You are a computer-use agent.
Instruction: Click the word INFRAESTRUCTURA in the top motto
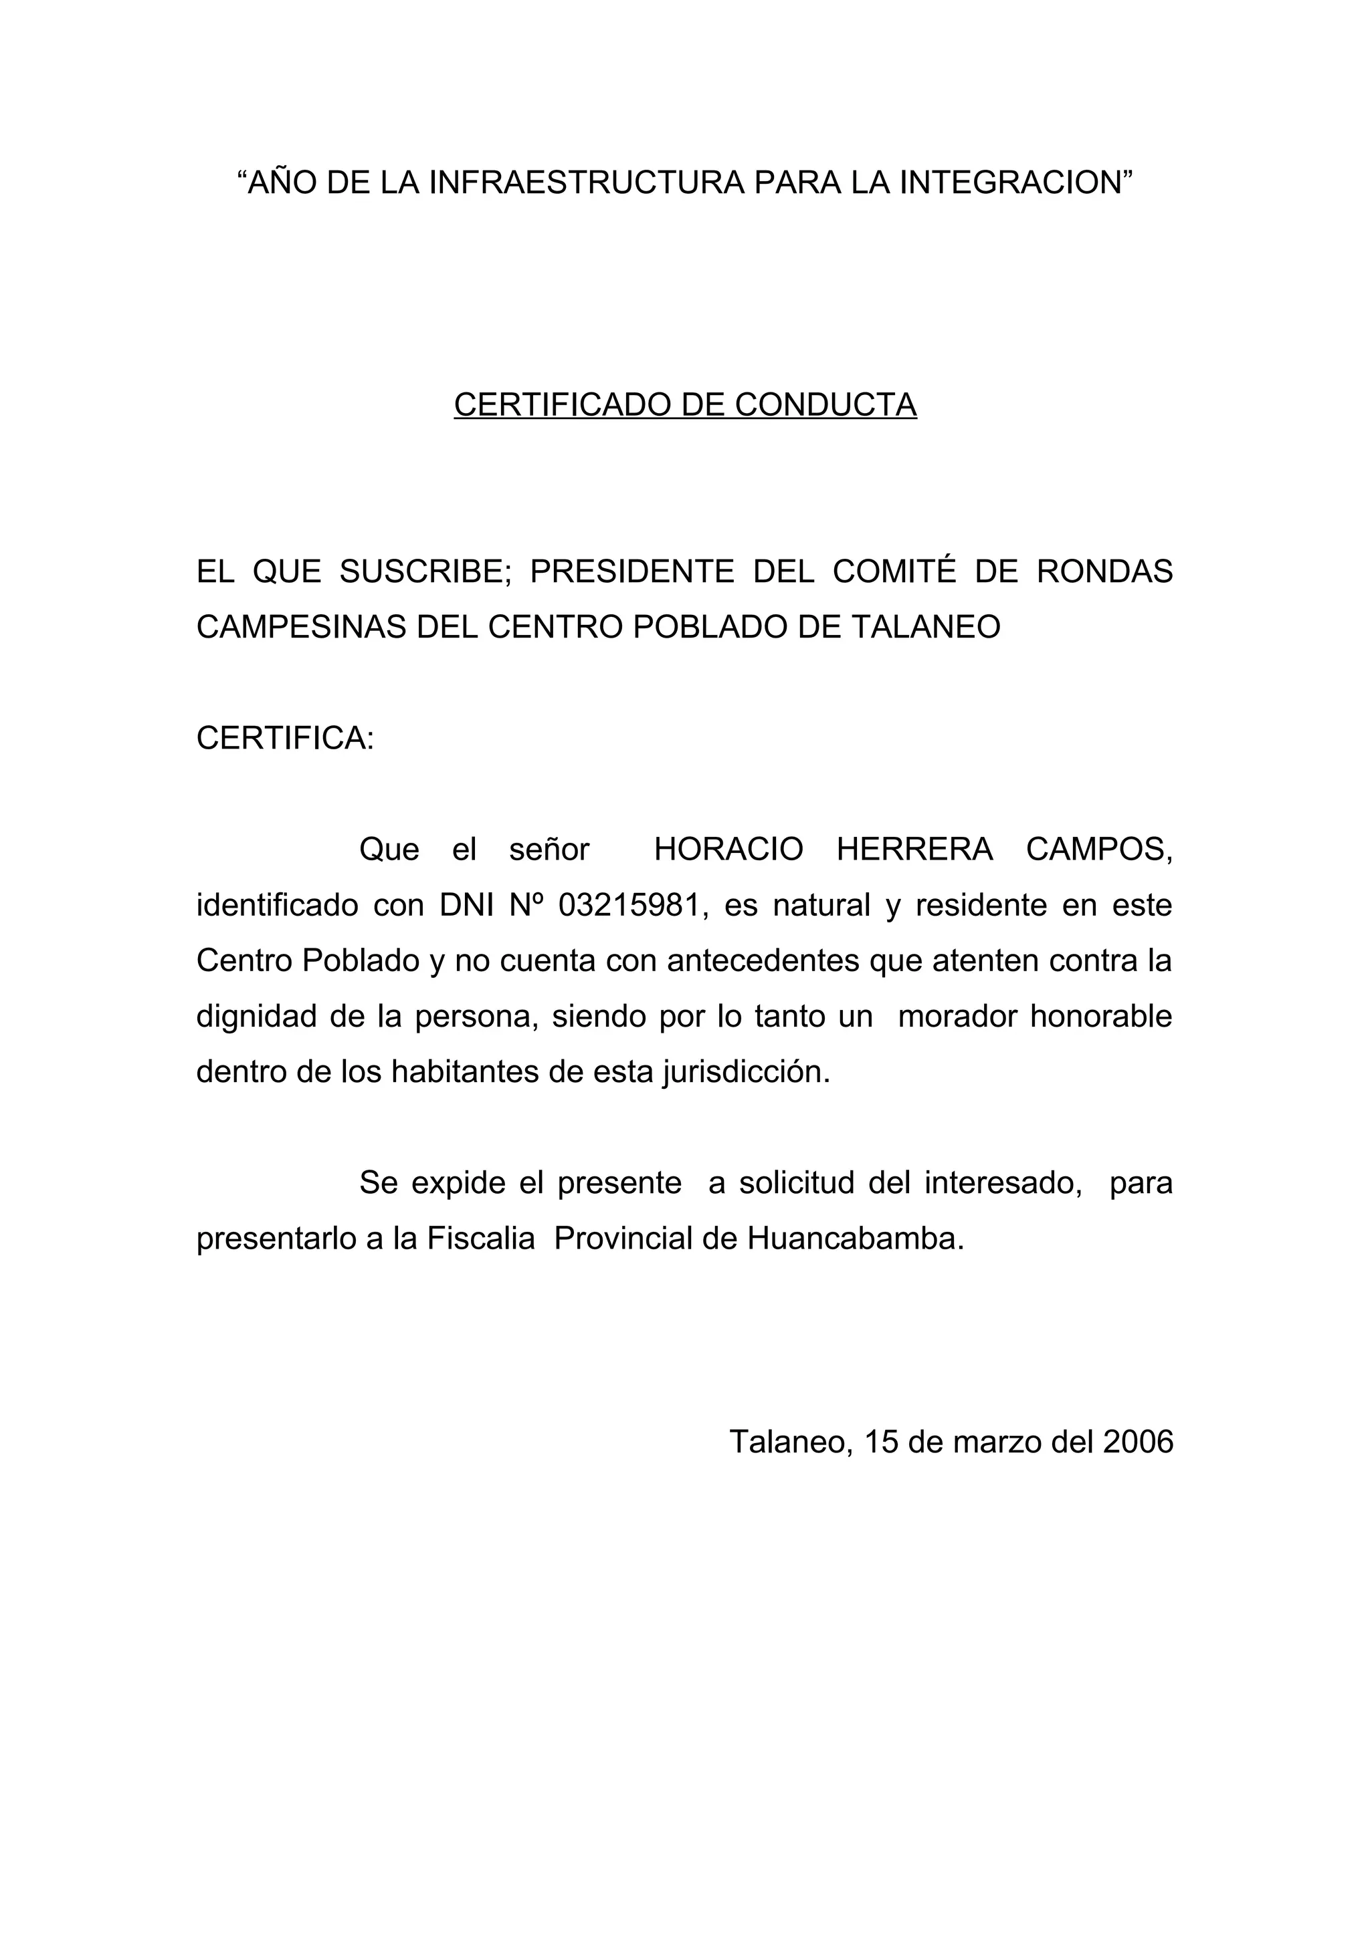tap(587, 182)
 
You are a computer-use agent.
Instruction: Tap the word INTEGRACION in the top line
tap(1015, 182)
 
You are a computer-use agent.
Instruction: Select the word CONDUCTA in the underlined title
tap(826, 405)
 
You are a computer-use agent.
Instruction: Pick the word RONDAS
tap(1104, 571)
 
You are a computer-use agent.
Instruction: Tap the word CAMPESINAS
tap(300, 627)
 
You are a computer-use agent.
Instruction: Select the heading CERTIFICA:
tap(284, 738)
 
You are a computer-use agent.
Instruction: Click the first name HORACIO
tap(728, 850)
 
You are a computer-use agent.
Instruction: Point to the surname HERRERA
tap(914, 850)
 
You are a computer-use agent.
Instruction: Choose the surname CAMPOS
tap(1099, 850)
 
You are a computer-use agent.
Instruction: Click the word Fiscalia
tap(480, 1239)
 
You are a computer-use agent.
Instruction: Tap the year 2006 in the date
tap(1138, 1442)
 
